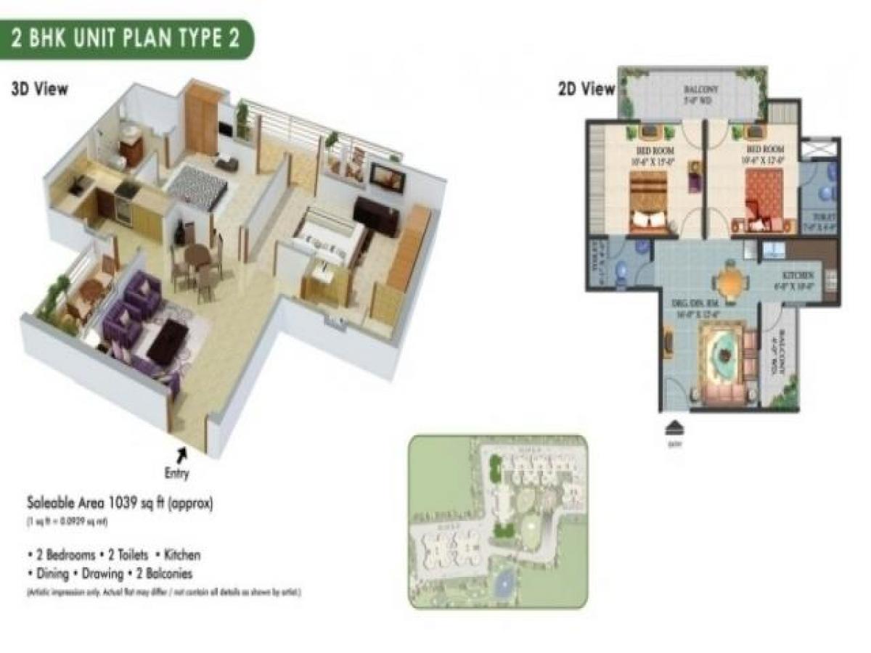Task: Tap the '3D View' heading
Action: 40,90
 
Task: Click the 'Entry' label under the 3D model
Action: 176,475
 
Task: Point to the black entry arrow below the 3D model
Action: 181,453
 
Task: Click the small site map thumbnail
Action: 498,521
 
